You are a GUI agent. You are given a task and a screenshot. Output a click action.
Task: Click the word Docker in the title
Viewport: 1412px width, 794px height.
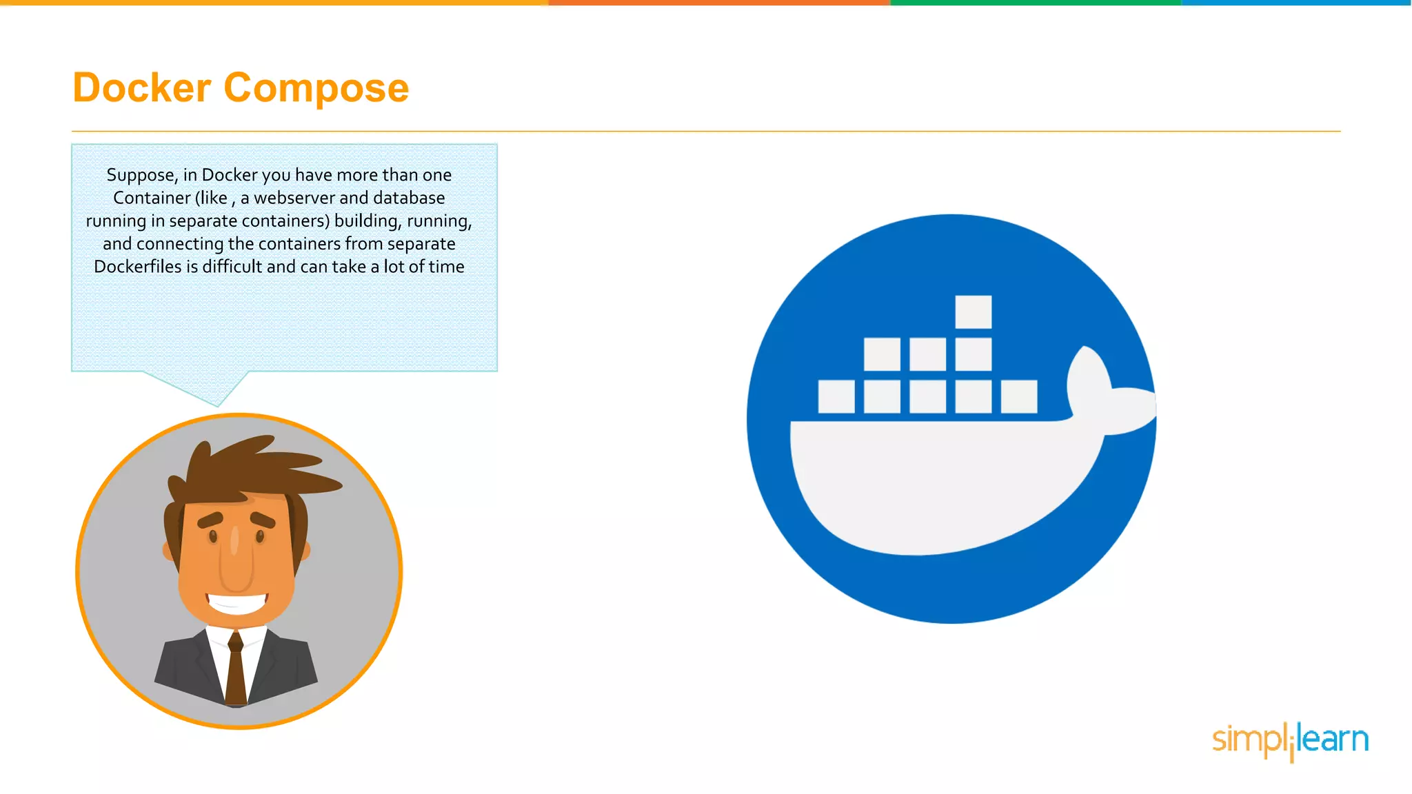pyautogui.click(x=142, y=88)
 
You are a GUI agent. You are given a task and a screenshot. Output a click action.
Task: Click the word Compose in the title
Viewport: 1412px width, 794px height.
pyautogui.click(x=316, y=88)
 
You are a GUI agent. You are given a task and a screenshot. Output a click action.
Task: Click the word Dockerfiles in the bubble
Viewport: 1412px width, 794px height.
pyautogui.click(x=137, y=267)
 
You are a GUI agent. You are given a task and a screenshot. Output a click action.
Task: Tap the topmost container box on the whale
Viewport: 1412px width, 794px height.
pyautogui.click(x=973, y=312)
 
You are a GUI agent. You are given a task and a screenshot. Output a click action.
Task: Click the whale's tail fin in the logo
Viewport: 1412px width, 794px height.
pyautogui.click(x=1107, y=393)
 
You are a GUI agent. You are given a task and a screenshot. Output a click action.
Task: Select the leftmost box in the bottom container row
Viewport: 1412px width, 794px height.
pyautogui.click(x=836, y=396)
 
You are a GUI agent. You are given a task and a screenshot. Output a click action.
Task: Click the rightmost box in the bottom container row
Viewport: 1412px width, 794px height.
pyautogui.click(x=1018, y=396)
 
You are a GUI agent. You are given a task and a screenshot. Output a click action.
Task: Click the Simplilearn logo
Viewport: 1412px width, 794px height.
pyautogui.click(x=1289, y=740)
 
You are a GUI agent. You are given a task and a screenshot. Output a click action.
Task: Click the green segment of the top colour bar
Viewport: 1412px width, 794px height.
pyautogui.click(x=1034, y=3)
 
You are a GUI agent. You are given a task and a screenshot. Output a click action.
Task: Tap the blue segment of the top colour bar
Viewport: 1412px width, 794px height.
pyautogui.click(x=1296, y=3)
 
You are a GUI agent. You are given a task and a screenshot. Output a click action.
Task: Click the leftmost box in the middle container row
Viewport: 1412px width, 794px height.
pyautogui.click(x=881, y=354)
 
